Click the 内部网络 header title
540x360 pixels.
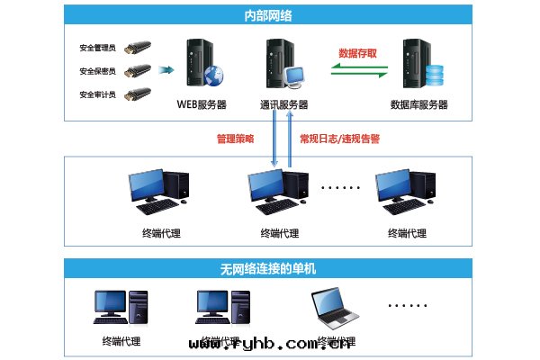pyautogui.click(x=269, y=14)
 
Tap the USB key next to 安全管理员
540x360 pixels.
pyautogui.click(x=136, y=47)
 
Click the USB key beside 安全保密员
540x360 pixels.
pyautogui.click(x=136, y=70)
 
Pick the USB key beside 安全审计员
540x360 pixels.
pyautogui.click(x=136, y=94)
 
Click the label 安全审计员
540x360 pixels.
pyautogui.click(x=98, y=94)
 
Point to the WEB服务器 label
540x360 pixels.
pyautogui.click(x=201, y=104)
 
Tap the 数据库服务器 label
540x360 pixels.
pyautogui.click(x=418, y=105)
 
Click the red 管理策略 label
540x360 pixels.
pyautogui.click(x=236, y=139)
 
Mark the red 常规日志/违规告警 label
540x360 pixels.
pyautogui.click(x=338, y=139)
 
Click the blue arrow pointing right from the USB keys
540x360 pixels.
pyautogui.click(x=166, y=69)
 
